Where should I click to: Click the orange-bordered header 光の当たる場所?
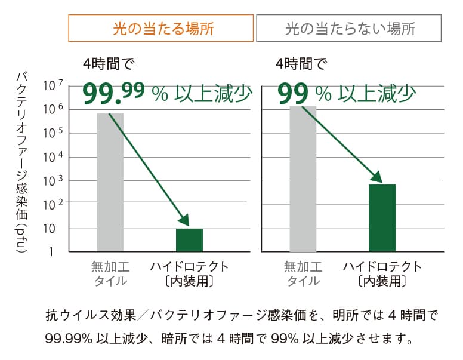161,28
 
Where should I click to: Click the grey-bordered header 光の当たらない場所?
349,28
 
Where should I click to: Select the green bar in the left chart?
189,240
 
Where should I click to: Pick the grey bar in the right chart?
303,179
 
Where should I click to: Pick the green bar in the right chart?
382,218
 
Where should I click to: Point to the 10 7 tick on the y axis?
52,87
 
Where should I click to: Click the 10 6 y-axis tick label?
52,110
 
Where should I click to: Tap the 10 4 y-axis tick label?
52,157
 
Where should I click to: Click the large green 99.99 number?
114,93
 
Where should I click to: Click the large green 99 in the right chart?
293,93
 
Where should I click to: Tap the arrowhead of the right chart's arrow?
378,177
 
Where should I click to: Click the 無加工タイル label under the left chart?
110,273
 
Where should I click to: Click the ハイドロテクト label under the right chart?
382,267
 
